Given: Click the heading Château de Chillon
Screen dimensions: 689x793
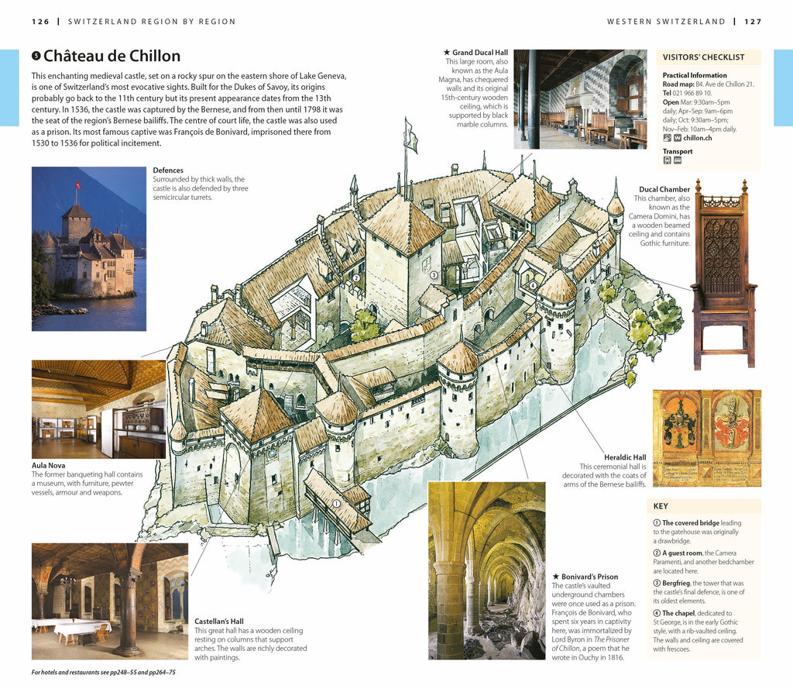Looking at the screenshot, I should pos(112,56).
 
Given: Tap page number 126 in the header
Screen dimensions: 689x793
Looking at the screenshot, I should pos(40,21).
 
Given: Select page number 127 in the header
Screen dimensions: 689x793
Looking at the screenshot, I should pos(754,21).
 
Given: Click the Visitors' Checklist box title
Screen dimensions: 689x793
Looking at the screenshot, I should pos(703,57).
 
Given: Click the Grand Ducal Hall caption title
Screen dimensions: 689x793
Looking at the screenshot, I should pos(478,52).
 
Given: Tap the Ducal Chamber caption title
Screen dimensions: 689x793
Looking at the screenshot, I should pos(664,189).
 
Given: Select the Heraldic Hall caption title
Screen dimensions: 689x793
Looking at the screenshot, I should pos(624,457).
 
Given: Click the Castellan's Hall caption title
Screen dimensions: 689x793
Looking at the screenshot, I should pos(219,622).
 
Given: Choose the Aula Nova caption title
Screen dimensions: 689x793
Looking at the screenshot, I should pos(49,465).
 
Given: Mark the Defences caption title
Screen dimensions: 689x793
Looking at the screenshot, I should pos(168,171).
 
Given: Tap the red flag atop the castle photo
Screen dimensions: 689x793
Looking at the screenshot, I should pos(77,187).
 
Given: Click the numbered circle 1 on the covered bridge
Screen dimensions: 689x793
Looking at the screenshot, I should pos(337,503).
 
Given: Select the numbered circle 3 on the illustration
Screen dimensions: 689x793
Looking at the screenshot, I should pos(434,274).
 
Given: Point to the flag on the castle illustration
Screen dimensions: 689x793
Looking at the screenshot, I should pos(411,140).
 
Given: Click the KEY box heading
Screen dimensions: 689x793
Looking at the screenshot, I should pos(661,506).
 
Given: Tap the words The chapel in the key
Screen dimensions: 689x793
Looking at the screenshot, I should pos(678,613).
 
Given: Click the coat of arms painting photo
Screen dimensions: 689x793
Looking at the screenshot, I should pos(706,438).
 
